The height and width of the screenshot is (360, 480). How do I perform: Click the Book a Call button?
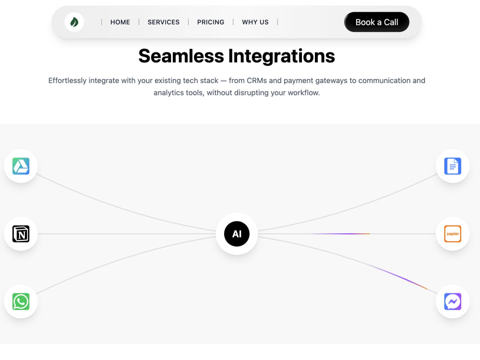tap(376, 22)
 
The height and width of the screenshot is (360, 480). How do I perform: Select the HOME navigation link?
tap(120, 22)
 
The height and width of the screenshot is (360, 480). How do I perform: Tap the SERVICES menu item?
tap(164, 22)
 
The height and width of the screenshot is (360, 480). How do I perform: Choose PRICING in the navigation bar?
tap(211, 22)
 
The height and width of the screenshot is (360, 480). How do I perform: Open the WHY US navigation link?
tap(255, 22)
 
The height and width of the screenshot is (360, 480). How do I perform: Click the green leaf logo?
tap(74, 22)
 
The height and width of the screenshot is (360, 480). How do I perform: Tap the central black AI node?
tap(237, 234)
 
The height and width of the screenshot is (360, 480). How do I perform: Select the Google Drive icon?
tap(21, 166)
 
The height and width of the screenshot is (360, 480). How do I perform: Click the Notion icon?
tap(21, 234)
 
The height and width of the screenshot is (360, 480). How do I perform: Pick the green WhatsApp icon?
tap(21, 301)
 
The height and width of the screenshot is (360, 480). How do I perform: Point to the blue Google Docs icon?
tap(453, 166)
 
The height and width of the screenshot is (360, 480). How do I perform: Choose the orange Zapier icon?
tap(453, 234)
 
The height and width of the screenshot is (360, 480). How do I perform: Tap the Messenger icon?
tap(453, 301)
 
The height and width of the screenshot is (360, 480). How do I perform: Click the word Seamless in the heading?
tap(181, 56)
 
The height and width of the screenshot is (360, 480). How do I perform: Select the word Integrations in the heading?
tap(282, 57)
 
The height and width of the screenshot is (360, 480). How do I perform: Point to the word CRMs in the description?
tap(257, 81)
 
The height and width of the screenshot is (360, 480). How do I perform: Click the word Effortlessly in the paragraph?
tap(67, 81)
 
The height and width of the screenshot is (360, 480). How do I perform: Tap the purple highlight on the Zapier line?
tap(341, 234)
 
